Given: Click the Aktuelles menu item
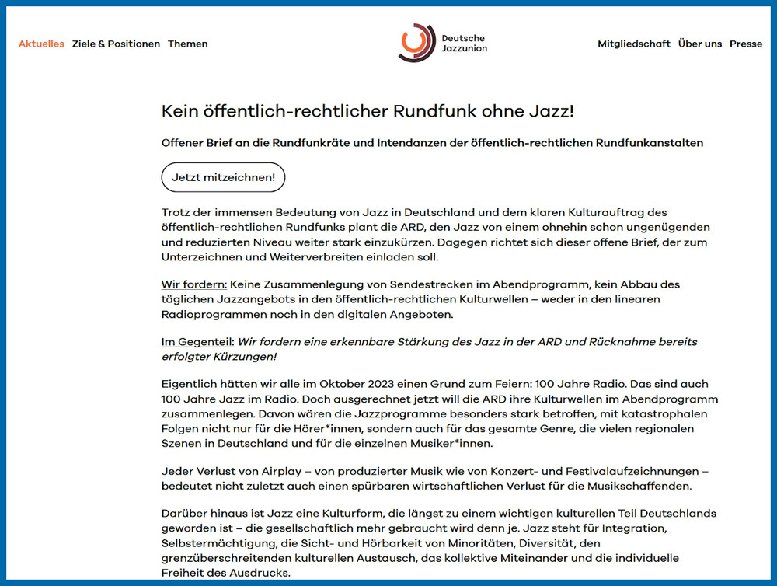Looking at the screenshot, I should (41, 44).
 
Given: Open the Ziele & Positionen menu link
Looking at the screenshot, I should (116, 44).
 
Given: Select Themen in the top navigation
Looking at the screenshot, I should (188, 44).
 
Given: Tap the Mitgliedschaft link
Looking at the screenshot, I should (634, 44).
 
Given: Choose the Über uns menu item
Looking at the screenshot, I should (700, 44).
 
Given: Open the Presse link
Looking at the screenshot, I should (746, 44).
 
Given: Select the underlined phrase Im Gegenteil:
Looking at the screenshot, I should (197, 342).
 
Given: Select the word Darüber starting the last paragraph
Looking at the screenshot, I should (185, 514).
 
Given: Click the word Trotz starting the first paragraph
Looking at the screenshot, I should (176, 213).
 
